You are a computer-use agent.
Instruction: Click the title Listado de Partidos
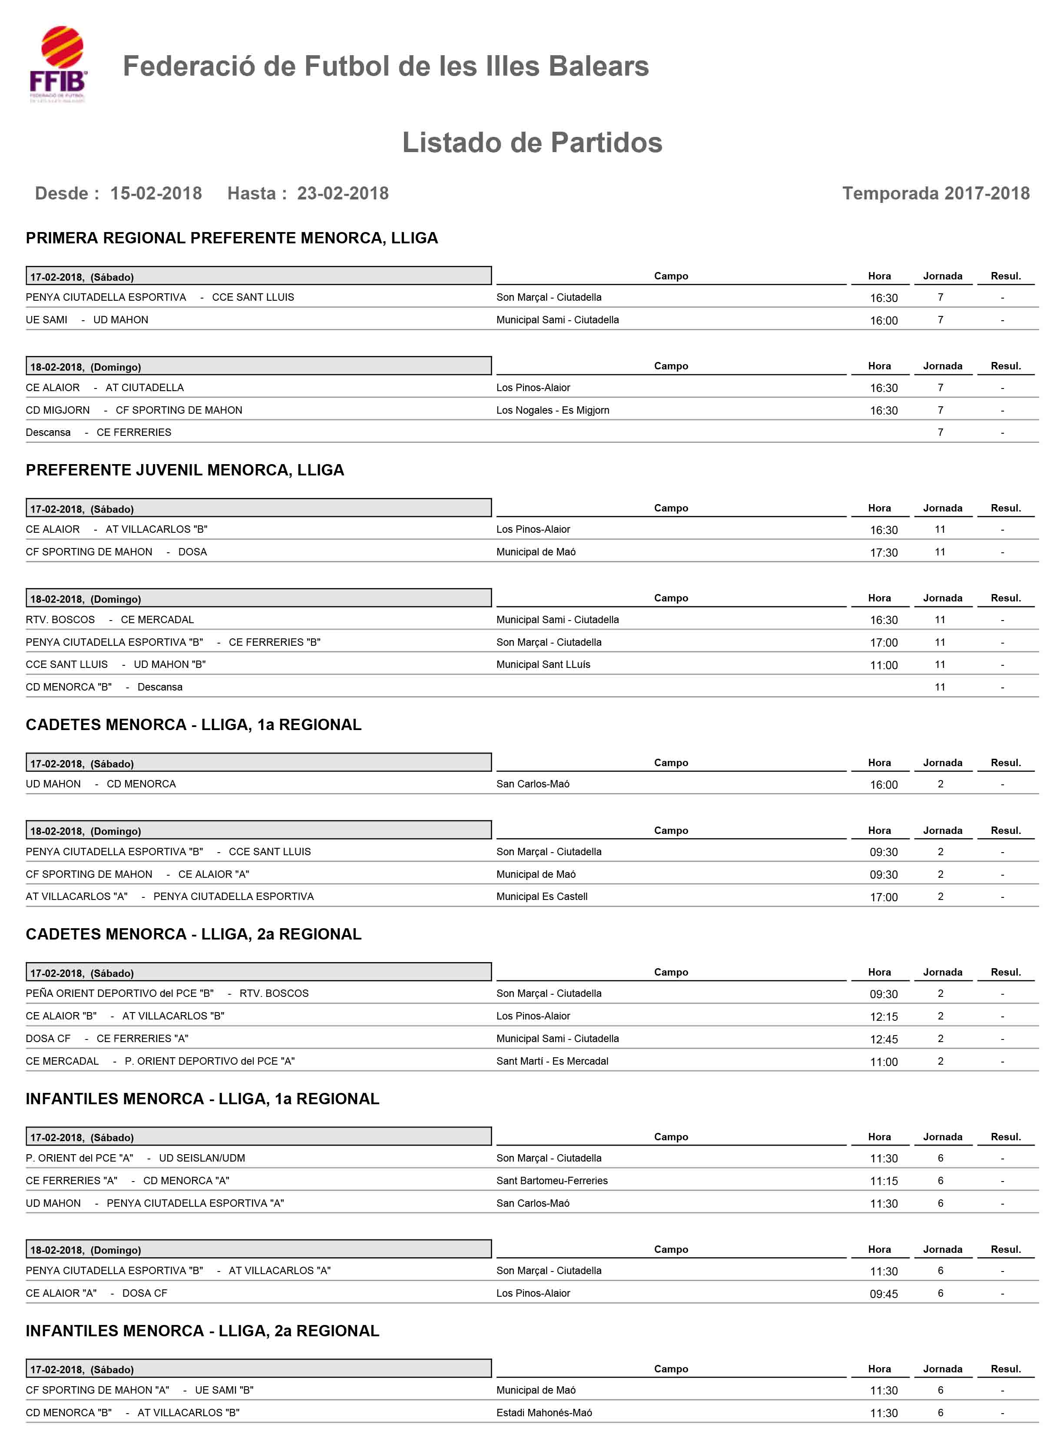pos(532,143)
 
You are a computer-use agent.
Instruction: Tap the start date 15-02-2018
pos(156,193)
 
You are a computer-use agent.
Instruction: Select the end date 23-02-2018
pos(343,193)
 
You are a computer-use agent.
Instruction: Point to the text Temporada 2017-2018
pos(936,193)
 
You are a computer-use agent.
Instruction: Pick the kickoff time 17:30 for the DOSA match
pos(884,552)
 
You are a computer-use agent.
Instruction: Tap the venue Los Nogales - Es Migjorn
pos(552,410)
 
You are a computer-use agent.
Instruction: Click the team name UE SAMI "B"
pos(224,1390)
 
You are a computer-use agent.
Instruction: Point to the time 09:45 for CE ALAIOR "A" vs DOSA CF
pos(884,1294)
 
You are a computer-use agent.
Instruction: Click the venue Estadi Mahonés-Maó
pos(544,1412)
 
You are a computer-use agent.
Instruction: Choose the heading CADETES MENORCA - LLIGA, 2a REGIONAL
pos(193,934)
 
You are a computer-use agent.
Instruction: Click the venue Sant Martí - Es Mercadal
pos(552,1061)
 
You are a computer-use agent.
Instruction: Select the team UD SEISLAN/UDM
pos(202,1158)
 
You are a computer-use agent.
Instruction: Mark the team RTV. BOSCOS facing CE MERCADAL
pos(60,620)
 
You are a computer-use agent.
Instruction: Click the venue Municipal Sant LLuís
pos(543,664)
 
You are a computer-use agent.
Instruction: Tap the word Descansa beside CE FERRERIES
pos(48,432)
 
